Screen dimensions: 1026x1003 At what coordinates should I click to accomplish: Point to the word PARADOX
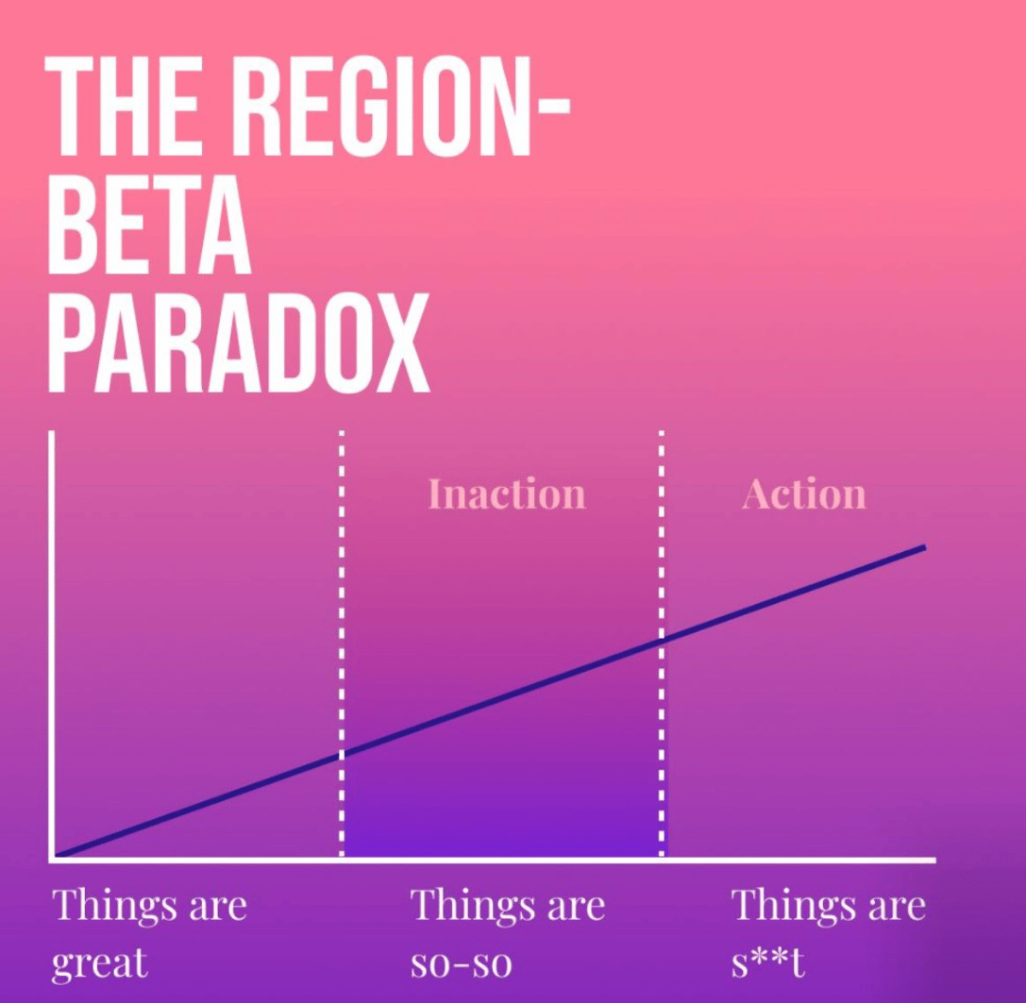click(238, 343)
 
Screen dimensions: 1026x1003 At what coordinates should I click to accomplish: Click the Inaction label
click(507, 494)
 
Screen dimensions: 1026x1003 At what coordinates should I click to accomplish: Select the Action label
click(804, 494)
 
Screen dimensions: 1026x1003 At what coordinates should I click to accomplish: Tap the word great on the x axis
click(99, 963)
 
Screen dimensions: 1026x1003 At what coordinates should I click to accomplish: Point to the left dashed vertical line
click(342, 644)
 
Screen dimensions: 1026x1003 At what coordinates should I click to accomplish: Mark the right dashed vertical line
click(662, 644)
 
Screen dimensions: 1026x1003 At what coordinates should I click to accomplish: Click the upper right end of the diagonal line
click(925, 547)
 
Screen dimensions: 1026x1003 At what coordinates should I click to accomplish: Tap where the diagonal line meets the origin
click(58, 854)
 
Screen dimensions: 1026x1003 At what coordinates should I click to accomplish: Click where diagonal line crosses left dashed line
click(342, 754)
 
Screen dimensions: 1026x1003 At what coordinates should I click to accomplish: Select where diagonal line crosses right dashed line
click(662, 641)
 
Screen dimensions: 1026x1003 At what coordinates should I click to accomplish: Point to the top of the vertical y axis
click(51, 432)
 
